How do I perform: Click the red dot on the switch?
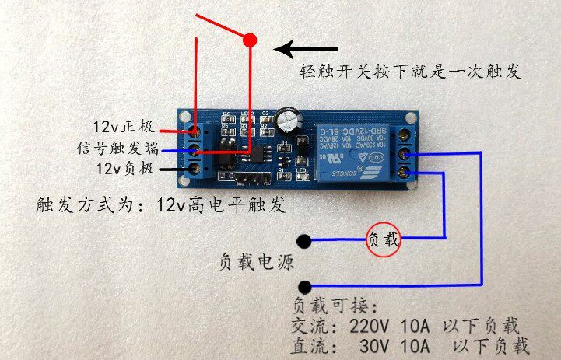[x=250, y=40]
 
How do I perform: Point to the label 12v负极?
[x=124, y=168]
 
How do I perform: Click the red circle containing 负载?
[x=383, y=240]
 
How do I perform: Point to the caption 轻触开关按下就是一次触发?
[x=410, y=72]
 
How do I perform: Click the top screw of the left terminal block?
[x=195, y=130]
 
